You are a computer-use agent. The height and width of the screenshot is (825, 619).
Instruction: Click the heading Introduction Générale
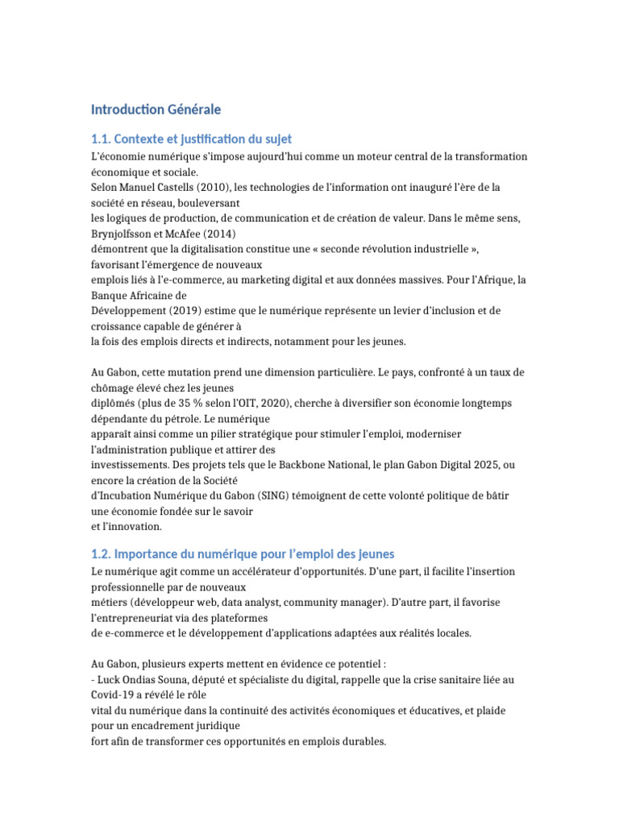156,109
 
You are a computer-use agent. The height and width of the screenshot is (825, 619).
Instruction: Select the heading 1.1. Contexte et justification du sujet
191,139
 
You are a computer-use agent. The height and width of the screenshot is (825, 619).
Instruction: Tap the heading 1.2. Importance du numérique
243,553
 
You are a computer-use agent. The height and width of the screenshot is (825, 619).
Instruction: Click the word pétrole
182,419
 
